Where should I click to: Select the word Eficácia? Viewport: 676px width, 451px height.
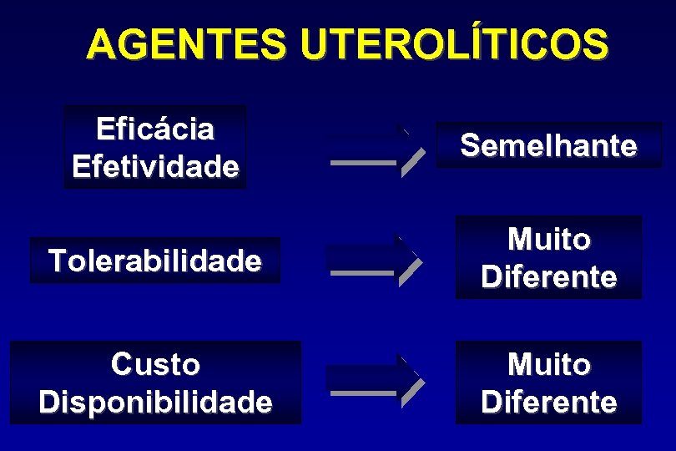(155, 129)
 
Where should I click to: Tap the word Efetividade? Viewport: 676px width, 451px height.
(155, 166)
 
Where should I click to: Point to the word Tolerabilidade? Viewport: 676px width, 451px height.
(155, 261)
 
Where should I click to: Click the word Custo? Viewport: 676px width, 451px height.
(155, 365)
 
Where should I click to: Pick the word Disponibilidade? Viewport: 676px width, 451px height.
(155, 402)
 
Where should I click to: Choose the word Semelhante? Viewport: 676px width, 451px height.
(548, 146)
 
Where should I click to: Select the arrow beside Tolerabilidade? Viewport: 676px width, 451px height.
(376, 261)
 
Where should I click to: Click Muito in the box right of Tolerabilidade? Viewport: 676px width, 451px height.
(548, 240)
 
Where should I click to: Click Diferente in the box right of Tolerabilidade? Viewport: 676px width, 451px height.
(548, 276)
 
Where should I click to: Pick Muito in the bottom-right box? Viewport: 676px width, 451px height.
(548, 365)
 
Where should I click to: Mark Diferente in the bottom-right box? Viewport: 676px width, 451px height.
(548, 402)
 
